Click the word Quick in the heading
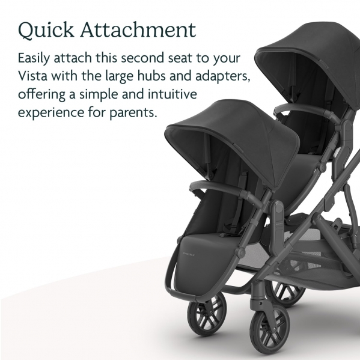click(46, 30)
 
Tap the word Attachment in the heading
click(138, 30)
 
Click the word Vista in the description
click(32, 76)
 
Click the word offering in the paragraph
click(41, 95)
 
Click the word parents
click(133, 113)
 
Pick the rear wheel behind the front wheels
click(283, 290)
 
